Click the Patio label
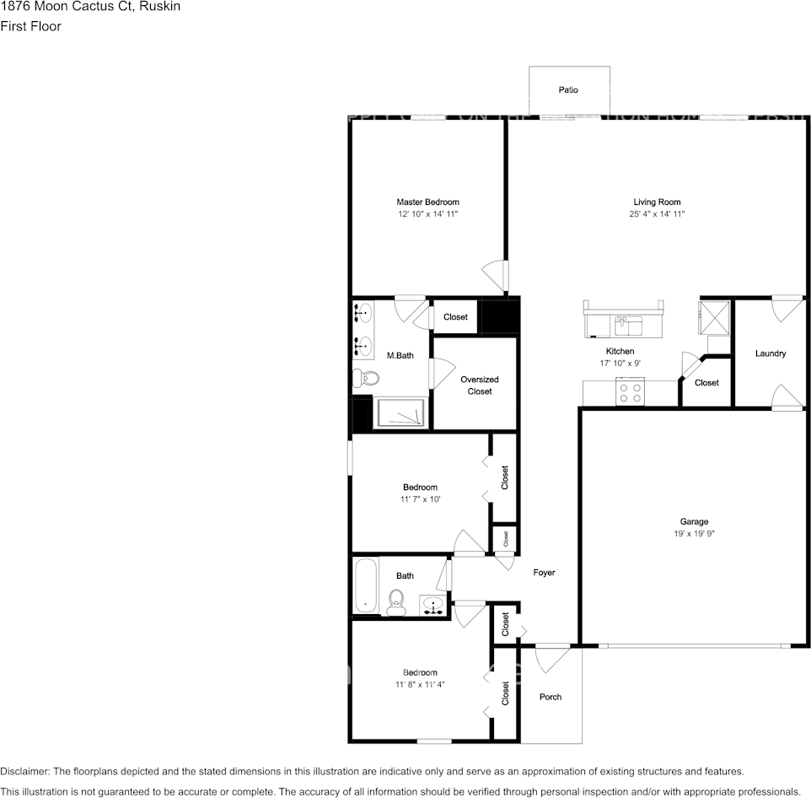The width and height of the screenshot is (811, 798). click(x=567, y=90)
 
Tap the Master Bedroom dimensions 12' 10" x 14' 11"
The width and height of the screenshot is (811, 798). click(x=427, y=215)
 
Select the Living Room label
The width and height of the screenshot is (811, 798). click(x=657, y=202)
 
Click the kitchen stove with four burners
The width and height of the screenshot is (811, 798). click(x=631, y=393)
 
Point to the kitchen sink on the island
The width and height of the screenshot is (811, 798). click(x=628, y=324)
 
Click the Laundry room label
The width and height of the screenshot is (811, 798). click(x=770, y=353)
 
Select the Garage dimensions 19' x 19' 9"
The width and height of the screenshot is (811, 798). click(x=694, y=534)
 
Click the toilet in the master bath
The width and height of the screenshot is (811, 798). click(x=360, y=378)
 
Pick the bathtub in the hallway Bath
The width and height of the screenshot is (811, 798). click(x=365, y=585)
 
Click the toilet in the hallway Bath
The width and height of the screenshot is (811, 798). click(x=396, y=601)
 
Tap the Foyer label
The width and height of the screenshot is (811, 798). click(x=544, y=573)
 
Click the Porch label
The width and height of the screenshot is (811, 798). click(x=550, y=697)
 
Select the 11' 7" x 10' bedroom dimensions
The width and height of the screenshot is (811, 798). click(x=420, y=499)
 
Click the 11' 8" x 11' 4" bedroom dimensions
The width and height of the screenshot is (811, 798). click(x=419, y=685)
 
